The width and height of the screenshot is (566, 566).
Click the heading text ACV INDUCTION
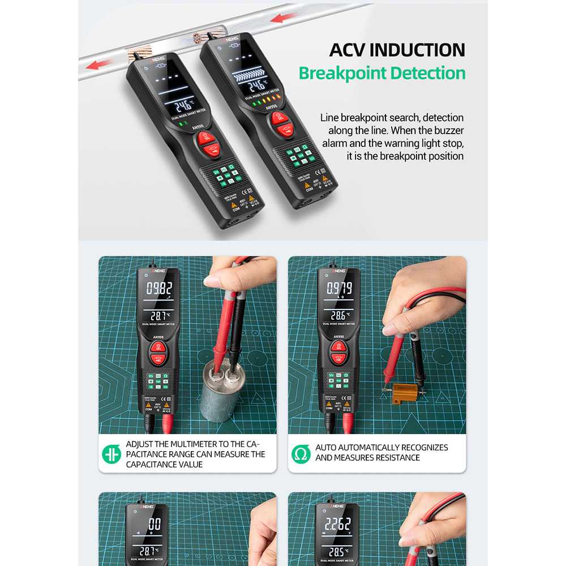(397, 49)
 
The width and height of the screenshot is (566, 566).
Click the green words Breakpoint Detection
(382, 73)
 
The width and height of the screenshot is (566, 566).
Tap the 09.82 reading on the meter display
(159, 288)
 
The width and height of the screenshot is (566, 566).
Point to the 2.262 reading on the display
(337, 524)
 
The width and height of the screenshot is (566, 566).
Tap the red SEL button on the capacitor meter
(158, 348)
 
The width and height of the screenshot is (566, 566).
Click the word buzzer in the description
(449, 130)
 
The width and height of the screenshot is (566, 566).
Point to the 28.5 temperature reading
(337, 551)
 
